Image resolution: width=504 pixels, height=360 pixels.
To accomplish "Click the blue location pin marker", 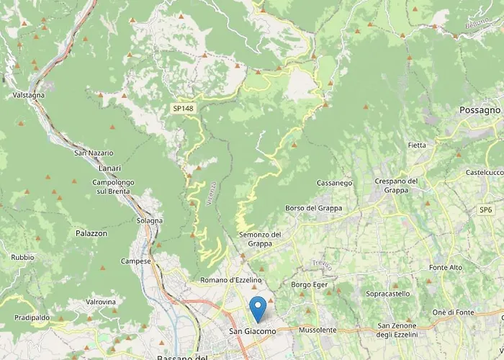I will (257, 309).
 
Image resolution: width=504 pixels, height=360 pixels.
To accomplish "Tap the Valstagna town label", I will (30, 95).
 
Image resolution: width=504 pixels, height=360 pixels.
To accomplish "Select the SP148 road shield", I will (183, 108).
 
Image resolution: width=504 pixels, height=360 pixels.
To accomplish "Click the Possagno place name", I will (479, 110).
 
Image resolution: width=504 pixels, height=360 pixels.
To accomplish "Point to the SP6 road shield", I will (486, 210).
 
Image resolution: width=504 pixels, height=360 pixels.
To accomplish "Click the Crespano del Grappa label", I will (397, 186).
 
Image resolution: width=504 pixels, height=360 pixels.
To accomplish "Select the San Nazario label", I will (94, 153).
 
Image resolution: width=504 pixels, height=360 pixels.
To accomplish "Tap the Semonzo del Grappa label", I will (260, 239).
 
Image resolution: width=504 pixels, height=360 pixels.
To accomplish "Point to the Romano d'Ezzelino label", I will (231, 279).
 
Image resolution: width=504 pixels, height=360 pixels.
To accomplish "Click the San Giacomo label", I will (252, 331).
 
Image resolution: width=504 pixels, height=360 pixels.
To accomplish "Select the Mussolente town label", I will (317, 330).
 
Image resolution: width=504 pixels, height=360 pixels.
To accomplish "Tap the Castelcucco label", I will (483, 173).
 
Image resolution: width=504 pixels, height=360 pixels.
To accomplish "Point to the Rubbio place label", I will (22, 257).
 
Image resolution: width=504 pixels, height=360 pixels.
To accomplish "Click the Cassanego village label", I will (335, 183).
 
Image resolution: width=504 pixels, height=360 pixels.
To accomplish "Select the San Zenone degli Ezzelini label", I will (404, 330).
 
